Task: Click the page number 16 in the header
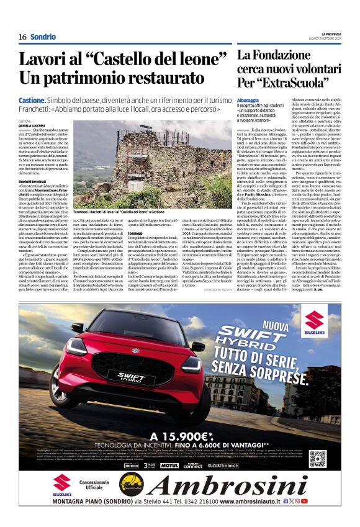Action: [22, 37]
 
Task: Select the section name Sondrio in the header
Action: [43, 37]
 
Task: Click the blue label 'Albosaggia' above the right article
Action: [248, 100]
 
